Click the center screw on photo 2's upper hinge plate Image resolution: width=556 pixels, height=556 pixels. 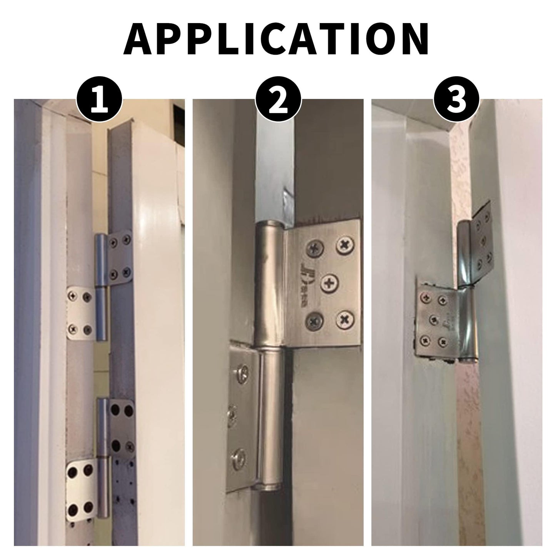coord(329,283)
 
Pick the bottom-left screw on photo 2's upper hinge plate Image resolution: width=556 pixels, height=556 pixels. coord(312,320)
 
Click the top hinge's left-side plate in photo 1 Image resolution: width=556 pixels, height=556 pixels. coord(80,312)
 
